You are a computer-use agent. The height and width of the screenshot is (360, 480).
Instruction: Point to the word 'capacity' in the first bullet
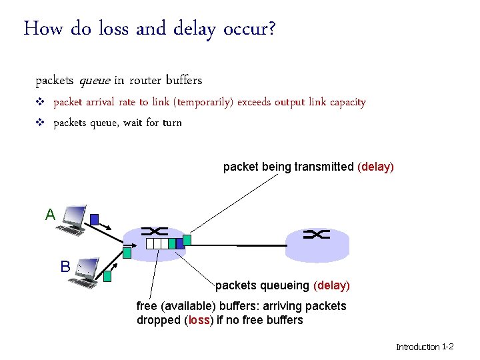pos(345,102)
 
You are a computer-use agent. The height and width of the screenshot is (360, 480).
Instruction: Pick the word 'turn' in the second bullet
pos(172,123)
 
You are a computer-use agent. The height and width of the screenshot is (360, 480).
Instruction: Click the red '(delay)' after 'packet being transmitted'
pos(376,167)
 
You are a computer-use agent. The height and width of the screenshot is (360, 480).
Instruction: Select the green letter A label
pos(50,215)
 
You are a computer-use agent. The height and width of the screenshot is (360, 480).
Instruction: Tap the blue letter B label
pos(65,267)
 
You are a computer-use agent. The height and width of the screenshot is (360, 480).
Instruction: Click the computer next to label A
pos(71,220)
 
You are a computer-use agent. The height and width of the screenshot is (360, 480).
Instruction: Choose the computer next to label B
pos(83,272)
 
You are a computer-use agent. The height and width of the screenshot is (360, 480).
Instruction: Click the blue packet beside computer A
pos(95,219)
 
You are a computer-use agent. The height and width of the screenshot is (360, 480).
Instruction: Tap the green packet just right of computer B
pos(107,274)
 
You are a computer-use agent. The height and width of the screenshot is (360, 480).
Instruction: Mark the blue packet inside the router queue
pos(179,243)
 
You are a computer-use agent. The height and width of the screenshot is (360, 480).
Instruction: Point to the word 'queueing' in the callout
pos(287,285)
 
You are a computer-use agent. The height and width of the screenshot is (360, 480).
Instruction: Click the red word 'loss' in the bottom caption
pos(199,320)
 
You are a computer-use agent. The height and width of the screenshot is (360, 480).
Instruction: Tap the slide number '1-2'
pos(448,347)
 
